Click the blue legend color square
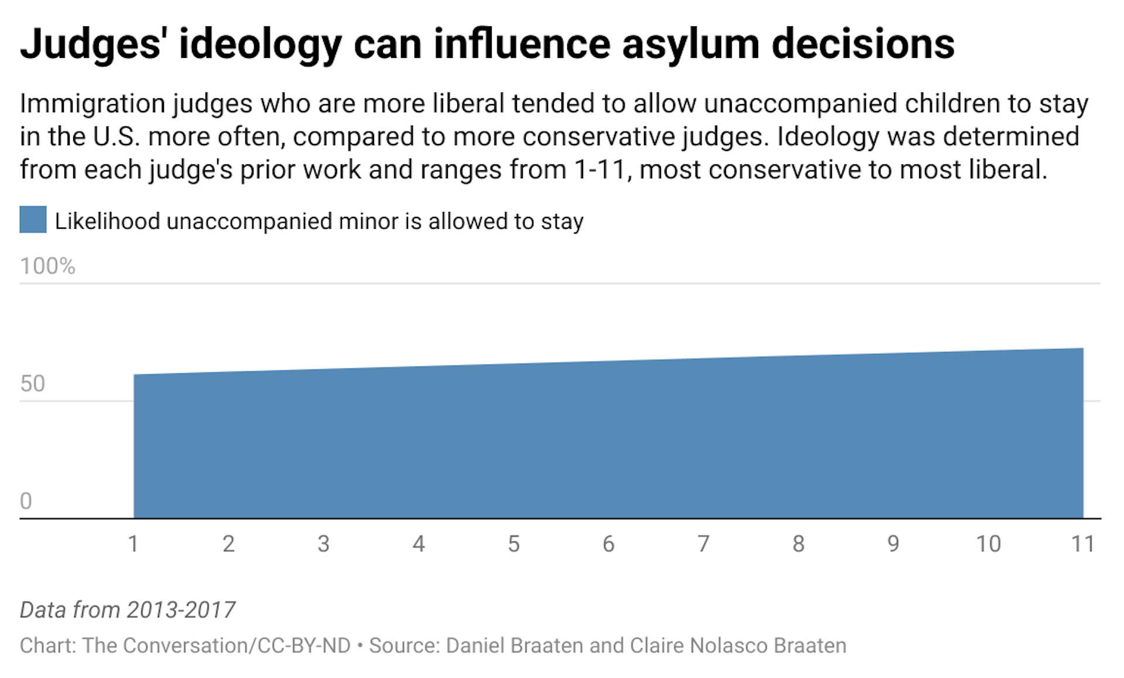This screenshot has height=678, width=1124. coord(33,219)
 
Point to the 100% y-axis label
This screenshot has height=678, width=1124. coord(47,266)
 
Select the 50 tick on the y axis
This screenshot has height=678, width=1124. coord(33,384)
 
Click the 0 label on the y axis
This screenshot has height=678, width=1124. coord(26,501)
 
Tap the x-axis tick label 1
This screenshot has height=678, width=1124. coord(133,544)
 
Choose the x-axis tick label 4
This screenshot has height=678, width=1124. coord(418,544)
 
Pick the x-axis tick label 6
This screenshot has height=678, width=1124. coord(608,544)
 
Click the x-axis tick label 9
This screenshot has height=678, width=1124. coord(893,544)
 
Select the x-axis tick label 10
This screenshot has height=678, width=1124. coord(988,544)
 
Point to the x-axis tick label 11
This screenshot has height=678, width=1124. coord(1082,544)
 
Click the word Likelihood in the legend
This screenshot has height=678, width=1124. coord(107,222)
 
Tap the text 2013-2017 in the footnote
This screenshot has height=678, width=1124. coord(181,610)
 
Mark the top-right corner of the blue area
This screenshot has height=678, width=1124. coord(1082,349)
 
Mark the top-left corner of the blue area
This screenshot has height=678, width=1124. coord(135,375)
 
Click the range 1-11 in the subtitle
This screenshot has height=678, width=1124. coord(601,170)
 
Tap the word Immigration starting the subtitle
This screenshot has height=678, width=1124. coord(92,104)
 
